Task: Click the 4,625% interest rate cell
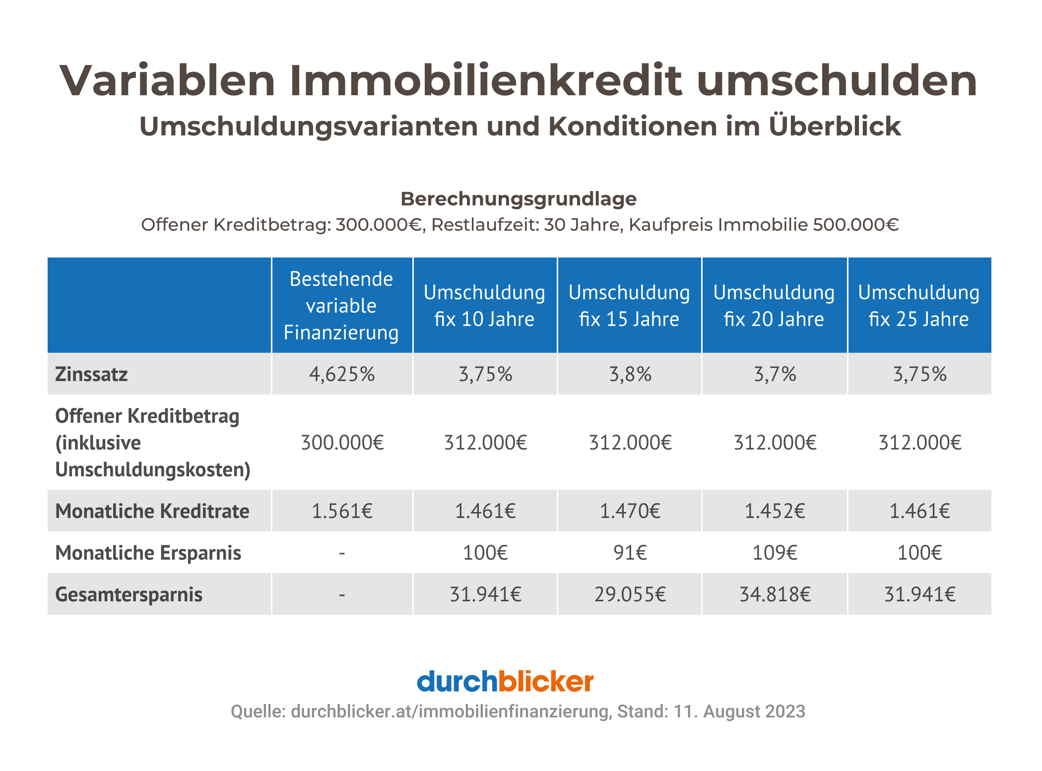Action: (x=342, y=374)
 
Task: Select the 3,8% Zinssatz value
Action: (x=630, y=374)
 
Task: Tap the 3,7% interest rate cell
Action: (x=775, y=374)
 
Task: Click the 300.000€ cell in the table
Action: (x=342, y=443)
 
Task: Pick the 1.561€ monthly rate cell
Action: (x=342, y=511)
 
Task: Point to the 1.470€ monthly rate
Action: (x=630, y=511)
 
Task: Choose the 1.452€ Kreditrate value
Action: (x=775, y=511)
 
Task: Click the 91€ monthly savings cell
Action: (x=630, y=553)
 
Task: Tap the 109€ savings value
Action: (x=775, y=553)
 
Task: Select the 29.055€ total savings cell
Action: (x=630, y=594)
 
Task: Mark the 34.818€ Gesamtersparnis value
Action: (x=775, y=594)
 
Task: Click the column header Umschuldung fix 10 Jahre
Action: (x=484, y=306)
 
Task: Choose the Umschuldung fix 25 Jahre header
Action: (x=919, y=306)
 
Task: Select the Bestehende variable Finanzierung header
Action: (x=341, y=306)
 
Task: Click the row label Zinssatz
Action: (x=91, y=374)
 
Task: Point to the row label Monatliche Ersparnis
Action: (x=148, y=553)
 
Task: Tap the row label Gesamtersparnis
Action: (x=129, y=594)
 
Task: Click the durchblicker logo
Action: (x=505, y=682)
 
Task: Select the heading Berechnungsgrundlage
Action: (x=519, y=199)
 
